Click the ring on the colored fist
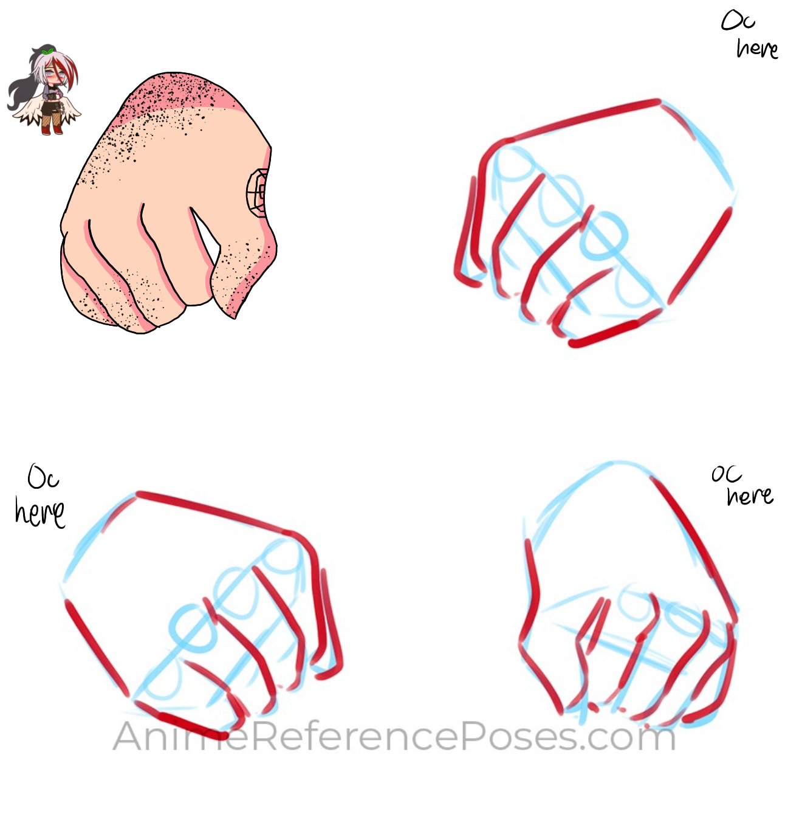click(x=258, y=193)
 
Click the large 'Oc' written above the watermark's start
click(x=43, y=478)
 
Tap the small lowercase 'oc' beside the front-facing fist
click(x=727, y=474)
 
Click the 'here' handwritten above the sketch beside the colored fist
click(x=757, y=48)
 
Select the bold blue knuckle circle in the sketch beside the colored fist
click(x=603, y=236)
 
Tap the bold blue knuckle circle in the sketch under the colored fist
click(x=193, y=627)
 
